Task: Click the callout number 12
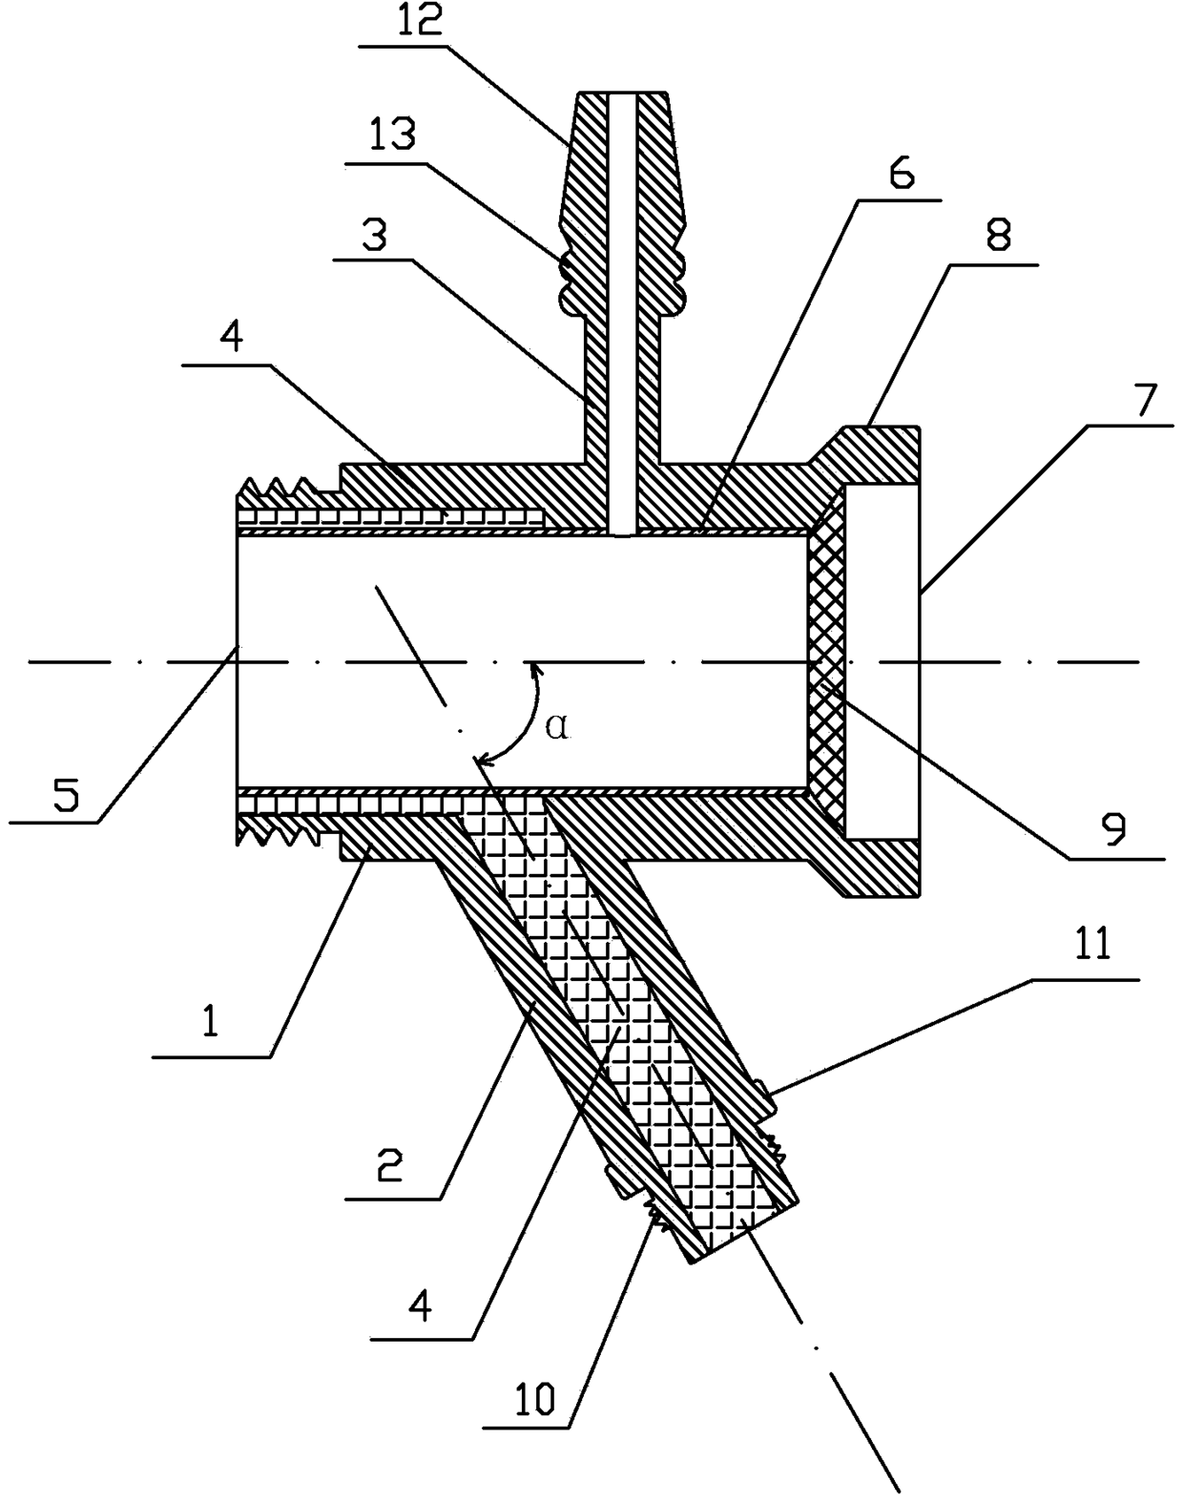point(420,21)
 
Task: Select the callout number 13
point(393,135)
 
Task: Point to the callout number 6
point(902,174)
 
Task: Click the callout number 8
point(999,236)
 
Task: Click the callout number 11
point(1093,945)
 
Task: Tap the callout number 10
point(534,1399)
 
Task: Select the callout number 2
point(390,1164)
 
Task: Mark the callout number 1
point(209,1022)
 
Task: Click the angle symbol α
point(558,727)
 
